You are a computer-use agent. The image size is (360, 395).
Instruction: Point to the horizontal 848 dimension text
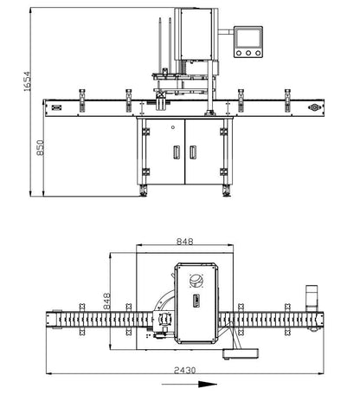[x=184, y=243]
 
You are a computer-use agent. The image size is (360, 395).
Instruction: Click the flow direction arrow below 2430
[x=183, y=384]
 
